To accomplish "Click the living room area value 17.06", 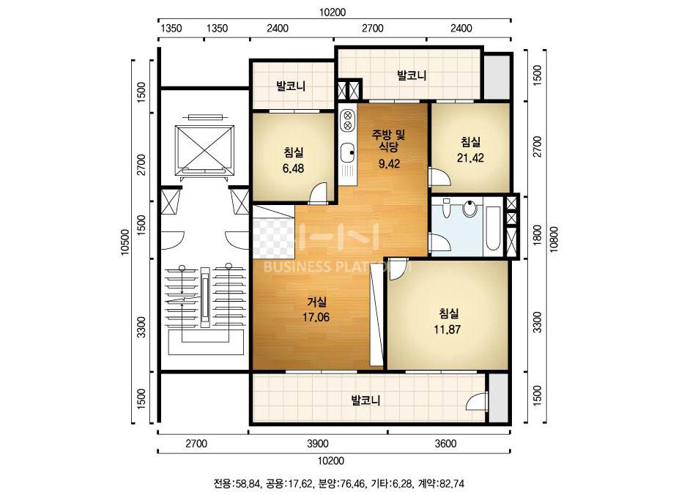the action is pos(316,317).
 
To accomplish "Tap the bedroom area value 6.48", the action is pos(293,168).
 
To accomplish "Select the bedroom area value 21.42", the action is pos(470,158).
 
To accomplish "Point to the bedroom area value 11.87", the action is pos(447,330).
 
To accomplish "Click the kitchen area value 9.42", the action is pos(389,163).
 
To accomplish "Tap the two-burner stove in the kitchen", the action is pos(346,120).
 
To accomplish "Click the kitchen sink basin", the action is pos(346,152).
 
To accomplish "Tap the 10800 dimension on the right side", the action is pos(554,239).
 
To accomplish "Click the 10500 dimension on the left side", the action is pos(125,242).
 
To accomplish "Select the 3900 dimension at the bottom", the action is pos(318,443).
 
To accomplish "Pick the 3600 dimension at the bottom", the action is pos(446,443).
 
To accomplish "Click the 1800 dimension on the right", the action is pos(537,235).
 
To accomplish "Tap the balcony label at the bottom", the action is pos(365,401).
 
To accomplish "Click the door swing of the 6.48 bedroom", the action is pos(319,192).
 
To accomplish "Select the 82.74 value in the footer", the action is pos(451,484).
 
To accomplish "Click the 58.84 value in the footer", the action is pos(246,484).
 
